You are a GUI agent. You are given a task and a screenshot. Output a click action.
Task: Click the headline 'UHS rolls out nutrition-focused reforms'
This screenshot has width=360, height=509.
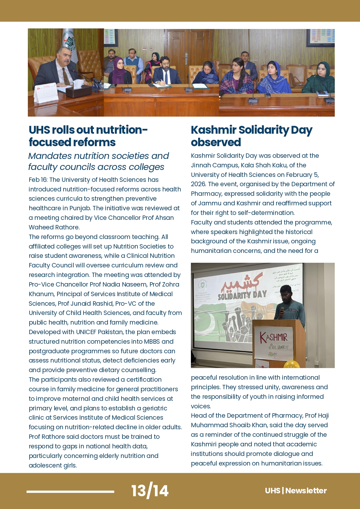pos(88,136)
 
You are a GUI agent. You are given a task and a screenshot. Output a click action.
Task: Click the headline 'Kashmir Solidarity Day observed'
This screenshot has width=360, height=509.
pos(251,136)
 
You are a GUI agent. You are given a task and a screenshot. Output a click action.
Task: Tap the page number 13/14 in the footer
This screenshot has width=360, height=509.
pos(150,490)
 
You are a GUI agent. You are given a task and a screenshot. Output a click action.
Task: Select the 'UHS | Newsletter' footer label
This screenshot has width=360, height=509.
pos(296,490)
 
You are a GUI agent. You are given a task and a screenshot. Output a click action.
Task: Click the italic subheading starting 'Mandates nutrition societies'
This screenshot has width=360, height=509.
pos(98,161)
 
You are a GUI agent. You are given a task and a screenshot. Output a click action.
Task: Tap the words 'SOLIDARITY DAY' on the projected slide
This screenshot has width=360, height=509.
pos(242,295)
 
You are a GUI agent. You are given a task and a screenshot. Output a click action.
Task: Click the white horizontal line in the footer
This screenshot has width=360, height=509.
pos(70,491)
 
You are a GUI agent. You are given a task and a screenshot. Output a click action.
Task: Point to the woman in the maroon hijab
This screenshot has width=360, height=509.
pos(119,71)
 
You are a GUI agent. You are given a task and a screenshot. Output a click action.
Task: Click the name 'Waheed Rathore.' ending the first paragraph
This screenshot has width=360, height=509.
pos(54,227)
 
